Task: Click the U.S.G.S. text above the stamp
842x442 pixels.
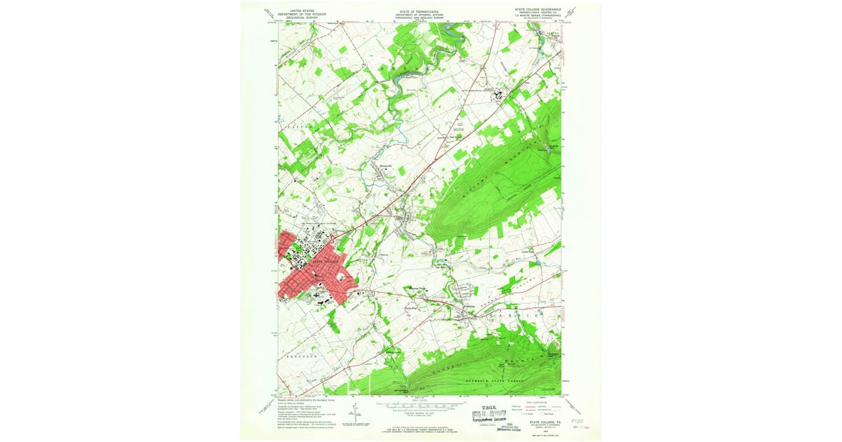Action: coord(484,406)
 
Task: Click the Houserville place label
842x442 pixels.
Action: coord(386,166)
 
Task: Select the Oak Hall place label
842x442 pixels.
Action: coord(442,265)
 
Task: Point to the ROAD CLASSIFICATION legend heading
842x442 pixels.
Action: coord(534,401)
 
